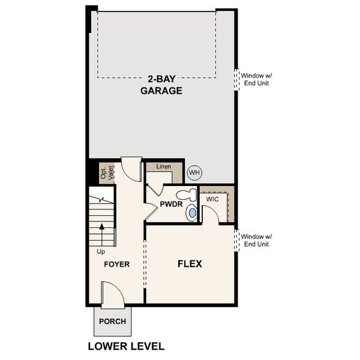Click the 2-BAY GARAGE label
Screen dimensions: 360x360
pyautogui.click(x=161, y=85)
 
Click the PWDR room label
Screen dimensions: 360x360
pyautogui.click(x=170, y=205)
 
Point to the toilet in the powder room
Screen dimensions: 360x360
pyautogui.click(x=188, y=195)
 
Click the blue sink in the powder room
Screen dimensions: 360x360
pyautogui.click(x=192, y=212)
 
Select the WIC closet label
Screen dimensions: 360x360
pyautogui.click(x=213, y=199)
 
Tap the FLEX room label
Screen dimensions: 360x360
pyautogui.click(x=190, y=263)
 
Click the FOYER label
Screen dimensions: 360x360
pyautogui.click(x=116, y=264)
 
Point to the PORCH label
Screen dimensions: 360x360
pyautogui.click(x=112, y=321)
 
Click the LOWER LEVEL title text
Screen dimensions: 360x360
pyautogui.click(x=125, y=346)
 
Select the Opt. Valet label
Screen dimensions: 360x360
pyautogui.click(x=106, y=173)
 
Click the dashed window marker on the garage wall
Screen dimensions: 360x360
pyautogui.click(x=236, y=79)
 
